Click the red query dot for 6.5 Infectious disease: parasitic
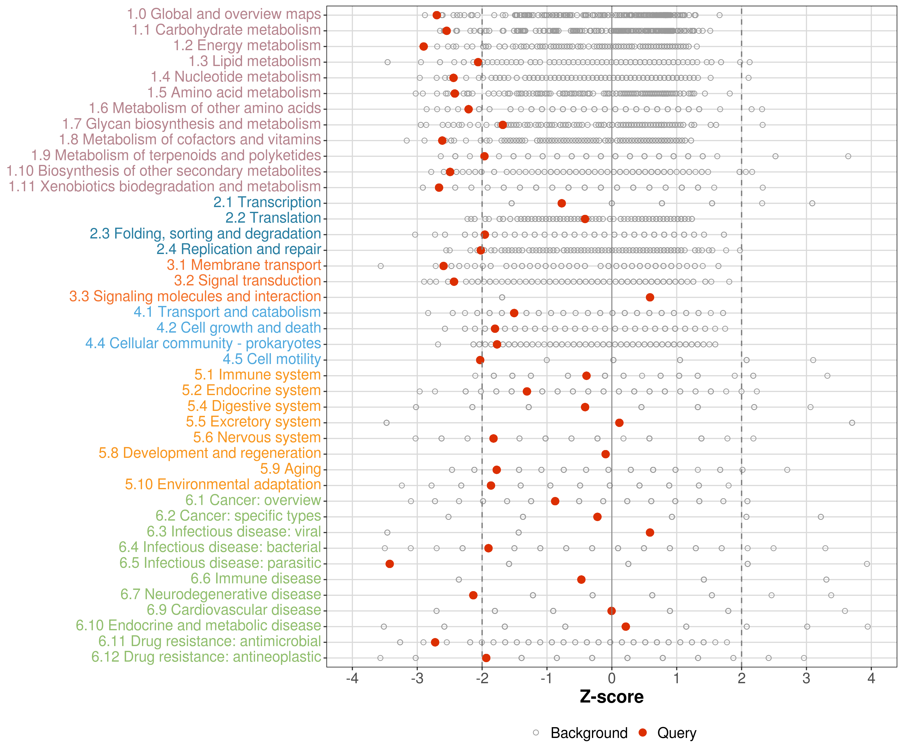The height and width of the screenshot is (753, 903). [390, 564]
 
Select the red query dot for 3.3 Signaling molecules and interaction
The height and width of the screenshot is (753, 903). [650, 297]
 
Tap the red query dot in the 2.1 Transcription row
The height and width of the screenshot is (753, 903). [562, 203]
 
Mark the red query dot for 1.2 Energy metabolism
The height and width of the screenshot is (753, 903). [424, 46]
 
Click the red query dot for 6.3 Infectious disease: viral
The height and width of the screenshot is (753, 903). [650, 533]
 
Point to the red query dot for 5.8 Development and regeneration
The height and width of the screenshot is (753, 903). [606, 454]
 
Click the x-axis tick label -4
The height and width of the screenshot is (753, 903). [352, 678]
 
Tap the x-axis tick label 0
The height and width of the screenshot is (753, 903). [612, 678]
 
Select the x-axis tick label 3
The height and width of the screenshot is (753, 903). [806, 678]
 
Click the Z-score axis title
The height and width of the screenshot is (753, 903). [612, 697]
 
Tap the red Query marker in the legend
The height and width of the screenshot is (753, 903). [642, 732]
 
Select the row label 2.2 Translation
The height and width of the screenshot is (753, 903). [273, 218]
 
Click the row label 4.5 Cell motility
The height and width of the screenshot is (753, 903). [272, 359]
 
